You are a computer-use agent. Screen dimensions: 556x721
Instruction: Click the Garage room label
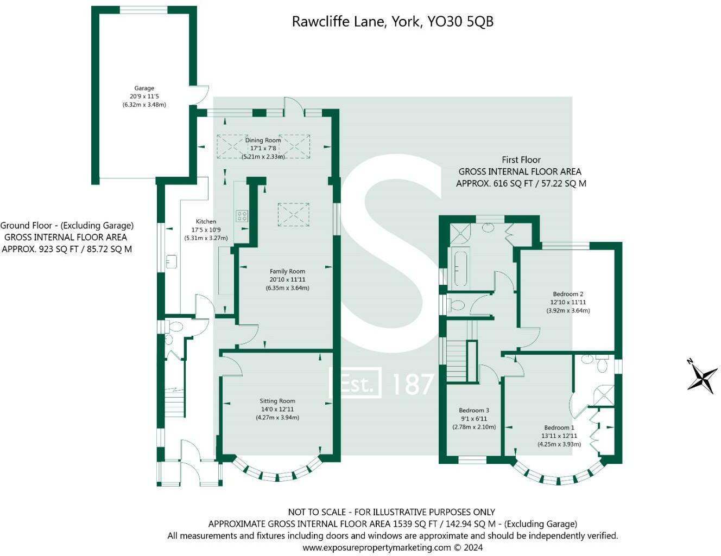point(144,88)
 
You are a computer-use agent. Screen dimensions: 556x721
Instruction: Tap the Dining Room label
point(263,140)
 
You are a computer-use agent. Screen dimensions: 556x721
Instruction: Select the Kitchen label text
point(206,221)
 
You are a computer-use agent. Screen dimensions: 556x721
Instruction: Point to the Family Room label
point(287,271)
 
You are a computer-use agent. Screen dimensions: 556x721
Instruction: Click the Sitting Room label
point(277,401)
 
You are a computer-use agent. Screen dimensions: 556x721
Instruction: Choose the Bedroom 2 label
point(568,294)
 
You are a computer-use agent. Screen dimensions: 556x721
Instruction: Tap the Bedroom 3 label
point(474,411)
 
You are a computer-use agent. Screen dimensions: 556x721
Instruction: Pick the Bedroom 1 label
point(559,427)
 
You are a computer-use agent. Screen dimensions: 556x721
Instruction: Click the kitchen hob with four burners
point(242,216)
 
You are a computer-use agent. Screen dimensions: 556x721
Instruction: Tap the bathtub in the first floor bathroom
point(460,267)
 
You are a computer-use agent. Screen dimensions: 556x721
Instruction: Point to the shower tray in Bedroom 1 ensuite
point(604,395)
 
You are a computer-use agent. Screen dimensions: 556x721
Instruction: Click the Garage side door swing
point(201,95)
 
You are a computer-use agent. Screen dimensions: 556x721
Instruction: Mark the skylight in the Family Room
point(293,214)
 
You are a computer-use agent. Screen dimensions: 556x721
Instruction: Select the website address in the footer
point(376,547)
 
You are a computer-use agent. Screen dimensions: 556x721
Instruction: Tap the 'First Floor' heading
point(521,159)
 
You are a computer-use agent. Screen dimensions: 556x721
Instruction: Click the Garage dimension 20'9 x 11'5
point(144,96)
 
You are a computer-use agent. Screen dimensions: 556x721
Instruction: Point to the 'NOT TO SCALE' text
point(319,512)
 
